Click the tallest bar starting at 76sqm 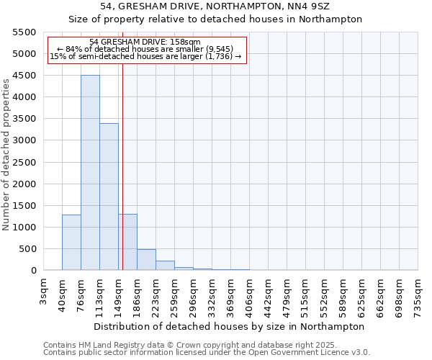90,173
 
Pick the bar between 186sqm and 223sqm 146,260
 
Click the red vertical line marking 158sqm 123,166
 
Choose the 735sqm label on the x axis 418,293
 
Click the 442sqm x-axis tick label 269,293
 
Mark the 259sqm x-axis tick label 175,293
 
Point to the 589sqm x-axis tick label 343,293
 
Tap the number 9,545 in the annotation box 215,49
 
